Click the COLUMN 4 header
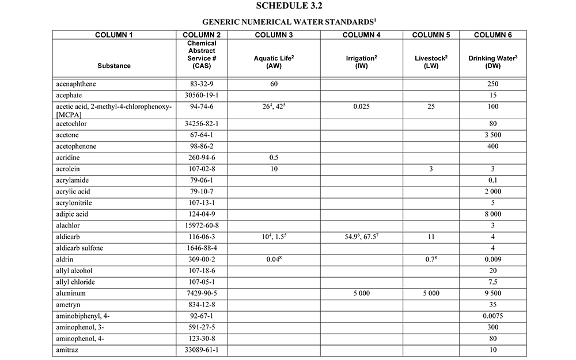pos(361,35)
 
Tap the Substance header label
pos(114,66)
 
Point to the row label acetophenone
pos(77,147)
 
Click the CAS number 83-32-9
pos(201,84)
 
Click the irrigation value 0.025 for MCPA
pos(361,105)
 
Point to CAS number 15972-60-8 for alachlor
pos(201,225)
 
